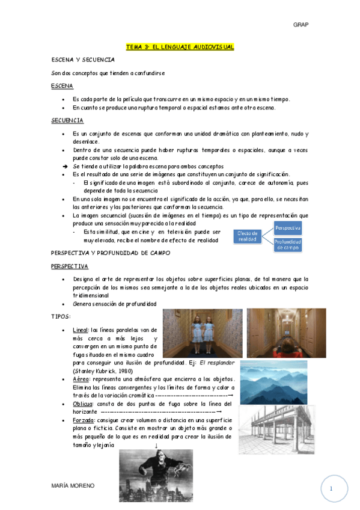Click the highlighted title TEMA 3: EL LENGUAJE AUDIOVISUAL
pos(180,46)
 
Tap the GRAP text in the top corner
pos(301,25)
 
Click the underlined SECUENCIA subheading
pos(67,120)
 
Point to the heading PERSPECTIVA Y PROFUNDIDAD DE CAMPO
pos(111,253)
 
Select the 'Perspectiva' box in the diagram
pos(287,229)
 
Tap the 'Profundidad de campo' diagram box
pos(287,244)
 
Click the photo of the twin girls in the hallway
pos(202,333)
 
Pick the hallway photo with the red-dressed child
pos(286,333)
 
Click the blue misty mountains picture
pos(273,382)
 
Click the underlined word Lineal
pos(80,330)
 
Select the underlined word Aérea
pos(80,379)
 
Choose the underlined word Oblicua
pos(82,404)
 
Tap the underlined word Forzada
pos(83,420)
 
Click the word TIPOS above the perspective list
pos(61,316)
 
